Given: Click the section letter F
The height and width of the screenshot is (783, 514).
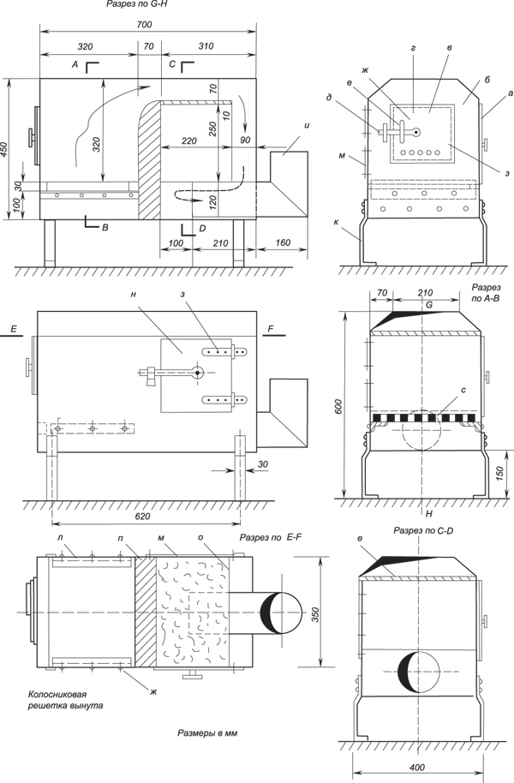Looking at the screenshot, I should (271, 327).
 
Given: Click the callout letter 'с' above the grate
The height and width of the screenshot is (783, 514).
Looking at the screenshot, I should (463, 391).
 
